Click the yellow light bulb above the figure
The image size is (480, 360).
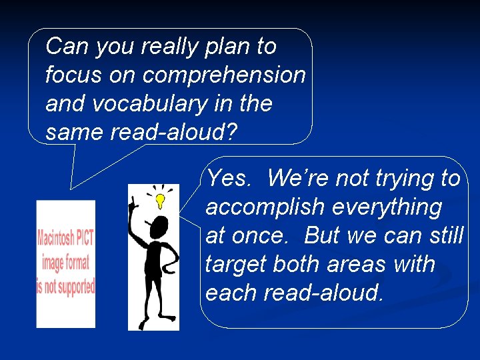point(160,199)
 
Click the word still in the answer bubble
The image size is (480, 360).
point(447,236)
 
